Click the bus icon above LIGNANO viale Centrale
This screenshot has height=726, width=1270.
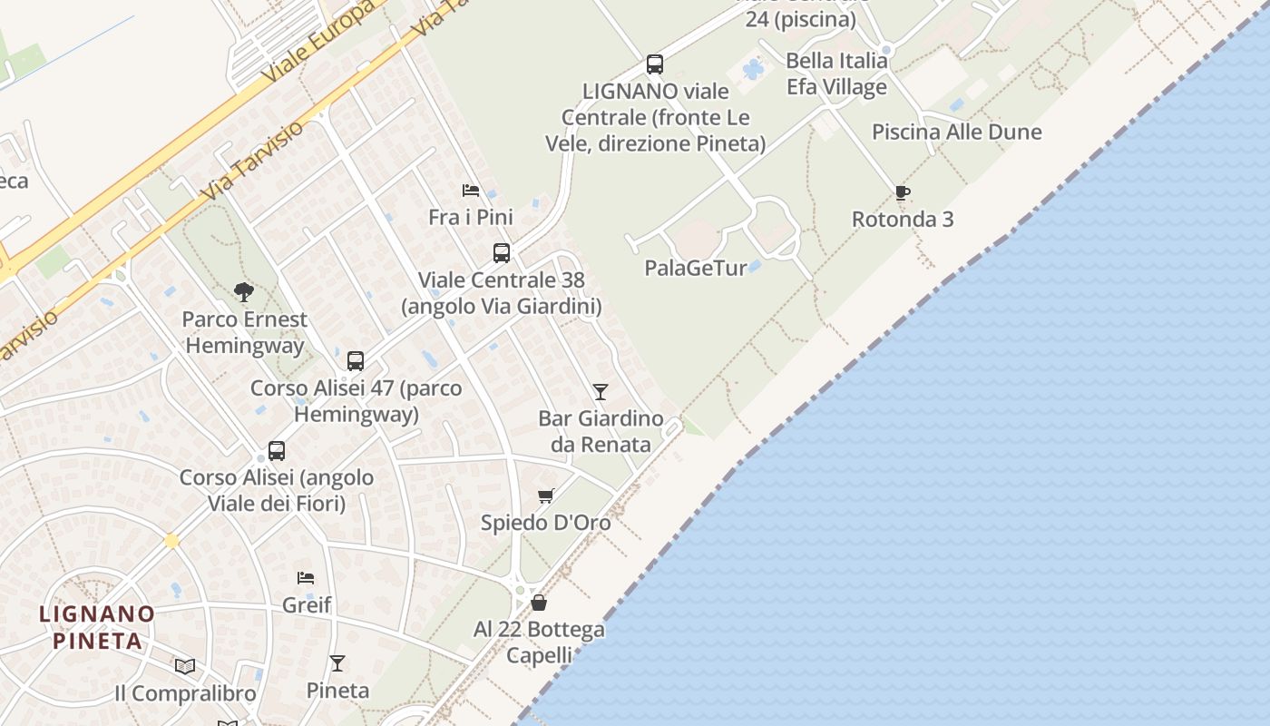(654, 64)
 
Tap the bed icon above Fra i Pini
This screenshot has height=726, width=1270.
(471, 190)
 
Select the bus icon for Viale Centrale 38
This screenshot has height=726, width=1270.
(501, 253)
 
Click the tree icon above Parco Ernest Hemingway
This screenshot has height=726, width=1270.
(243, 292)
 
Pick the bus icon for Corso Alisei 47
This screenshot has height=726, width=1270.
(356, 360)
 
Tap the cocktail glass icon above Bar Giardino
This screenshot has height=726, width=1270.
(600, 391)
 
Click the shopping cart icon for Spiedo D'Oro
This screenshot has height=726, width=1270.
(545, 495)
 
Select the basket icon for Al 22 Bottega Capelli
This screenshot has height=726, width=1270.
(539, 603)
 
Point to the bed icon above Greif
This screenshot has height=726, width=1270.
(306, 577)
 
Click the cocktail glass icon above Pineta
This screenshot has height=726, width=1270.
(337, 663)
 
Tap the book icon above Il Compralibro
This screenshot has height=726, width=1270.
(185, 666)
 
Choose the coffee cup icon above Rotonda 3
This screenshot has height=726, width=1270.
(902, 192)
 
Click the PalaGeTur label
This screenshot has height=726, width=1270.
(696, 268)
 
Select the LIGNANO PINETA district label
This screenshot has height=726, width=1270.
(97, 627)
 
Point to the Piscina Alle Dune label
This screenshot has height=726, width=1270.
(956, 132)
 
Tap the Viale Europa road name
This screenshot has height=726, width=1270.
(317, 44)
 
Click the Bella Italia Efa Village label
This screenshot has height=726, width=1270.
(836, 74)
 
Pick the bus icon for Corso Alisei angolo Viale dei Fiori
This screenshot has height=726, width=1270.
(277, 451)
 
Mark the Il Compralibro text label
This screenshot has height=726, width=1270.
(185, 694)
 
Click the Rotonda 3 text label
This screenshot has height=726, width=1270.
(902, 219)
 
